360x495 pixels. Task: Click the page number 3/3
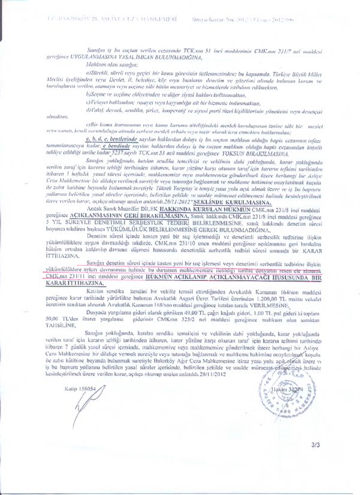click(332, 462)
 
